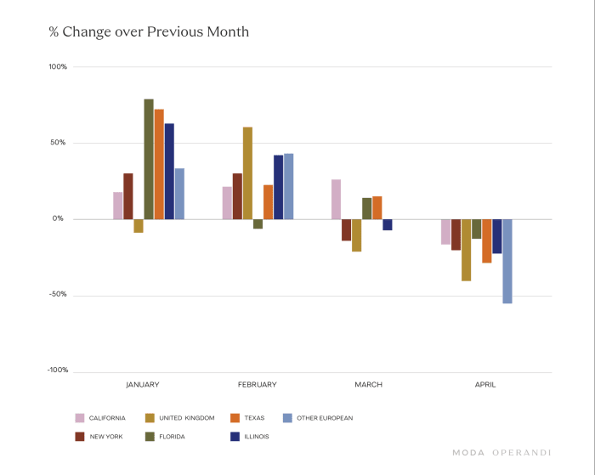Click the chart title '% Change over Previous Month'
point(149,32)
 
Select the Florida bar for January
point(149,159)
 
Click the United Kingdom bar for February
point(247,173)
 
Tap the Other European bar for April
point(507,261)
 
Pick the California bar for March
point(337,199)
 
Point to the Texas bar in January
point(159,164)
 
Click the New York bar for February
point(237,196)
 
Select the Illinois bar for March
point(388,224)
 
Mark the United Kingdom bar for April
point(467,250)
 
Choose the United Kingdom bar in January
point(139,225)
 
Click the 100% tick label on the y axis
point(58,67)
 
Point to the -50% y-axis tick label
point(58,295)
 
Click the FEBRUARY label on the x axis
point(257,385)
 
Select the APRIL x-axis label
point(484,385)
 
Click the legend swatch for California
point(80,418)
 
